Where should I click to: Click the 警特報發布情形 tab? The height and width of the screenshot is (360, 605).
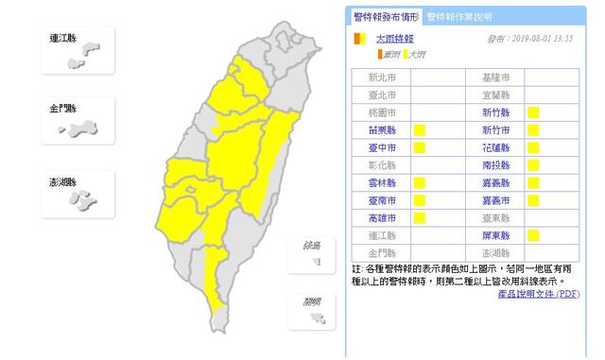tap(385, 16)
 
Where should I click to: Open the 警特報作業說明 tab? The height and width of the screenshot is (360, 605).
tap(458, 16)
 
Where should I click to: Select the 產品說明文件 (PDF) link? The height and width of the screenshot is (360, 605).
tap(538, 294)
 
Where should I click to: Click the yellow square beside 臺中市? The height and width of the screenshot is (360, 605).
tap(419, 147)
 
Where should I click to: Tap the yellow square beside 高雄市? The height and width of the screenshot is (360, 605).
tap(419, 218)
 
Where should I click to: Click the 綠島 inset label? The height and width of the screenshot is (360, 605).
tap(312, 246)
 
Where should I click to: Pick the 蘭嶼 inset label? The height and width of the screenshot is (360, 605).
tap(312, 302)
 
